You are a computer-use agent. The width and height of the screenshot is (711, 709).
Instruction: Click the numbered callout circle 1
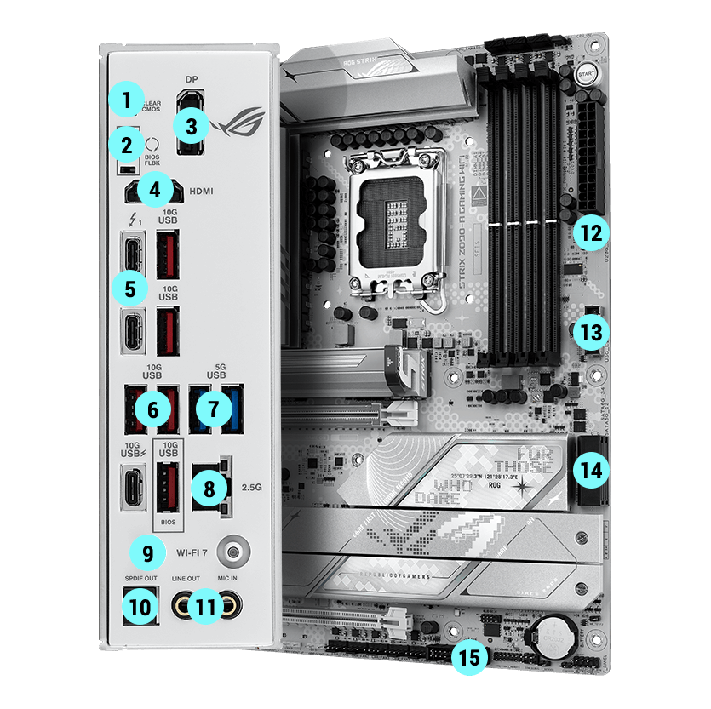point(127,100)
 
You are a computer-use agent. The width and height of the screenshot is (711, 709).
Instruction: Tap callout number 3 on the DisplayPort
point(190,127)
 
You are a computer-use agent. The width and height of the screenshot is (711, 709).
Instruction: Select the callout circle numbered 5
point(130,289)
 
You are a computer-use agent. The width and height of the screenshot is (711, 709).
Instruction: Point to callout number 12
point(589,231)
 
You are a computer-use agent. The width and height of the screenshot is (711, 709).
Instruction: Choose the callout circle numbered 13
point(589,331)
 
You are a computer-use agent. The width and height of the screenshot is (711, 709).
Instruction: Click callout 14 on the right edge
point(589,466)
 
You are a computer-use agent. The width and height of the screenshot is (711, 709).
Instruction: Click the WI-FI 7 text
point(192,551)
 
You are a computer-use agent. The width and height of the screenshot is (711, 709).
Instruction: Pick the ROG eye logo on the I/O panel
point(239,125)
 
